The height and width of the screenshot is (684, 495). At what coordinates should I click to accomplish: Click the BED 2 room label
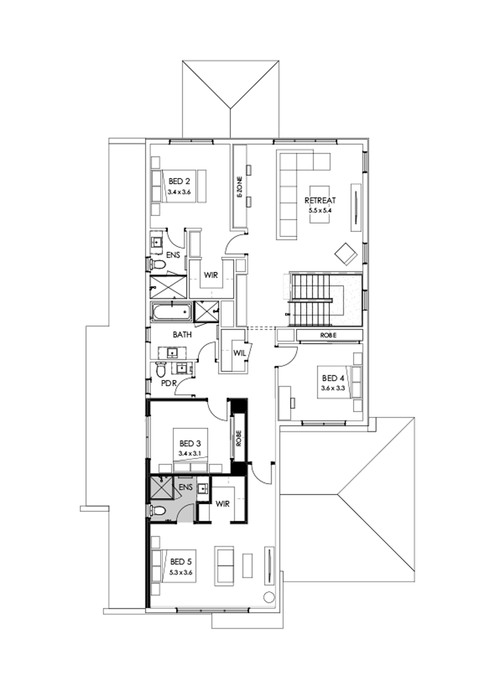click(x=180, y=181)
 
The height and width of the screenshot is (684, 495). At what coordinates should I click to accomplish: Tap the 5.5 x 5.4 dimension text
click(x=320, y=210)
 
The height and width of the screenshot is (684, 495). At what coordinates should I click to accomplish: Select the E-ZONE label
click(x=240, y=187)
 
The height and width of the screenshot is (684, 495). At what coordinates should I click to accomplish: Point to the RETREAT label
click(x=320, y=201)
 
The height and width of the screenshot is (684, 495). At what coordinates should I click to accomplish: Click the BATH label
click(x=182, y=334)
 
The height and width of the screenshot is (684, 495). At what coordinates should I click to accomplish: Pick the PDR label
click(x=168, y=383)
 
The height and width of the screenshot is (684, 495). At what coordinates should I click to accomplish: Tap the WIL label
click(x=239, y=353)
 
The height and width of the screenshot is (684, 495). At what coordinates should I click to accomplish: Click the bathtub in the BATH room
click(x=171, y=313)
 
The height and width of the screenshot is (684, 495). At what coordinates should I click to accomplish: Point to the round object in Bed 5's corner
click(x=269, y=597)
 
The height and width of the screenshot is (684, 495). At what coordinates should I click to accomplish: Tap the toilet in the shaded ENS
click(x=159, y=511)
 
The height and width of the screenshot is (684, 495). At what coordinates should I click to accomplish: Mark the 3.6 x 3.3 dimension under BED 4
click(x=332, y=388)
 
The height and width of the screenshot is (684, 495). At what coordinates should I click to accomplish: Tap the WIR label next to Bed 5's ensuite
click(x=223, y=503)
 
